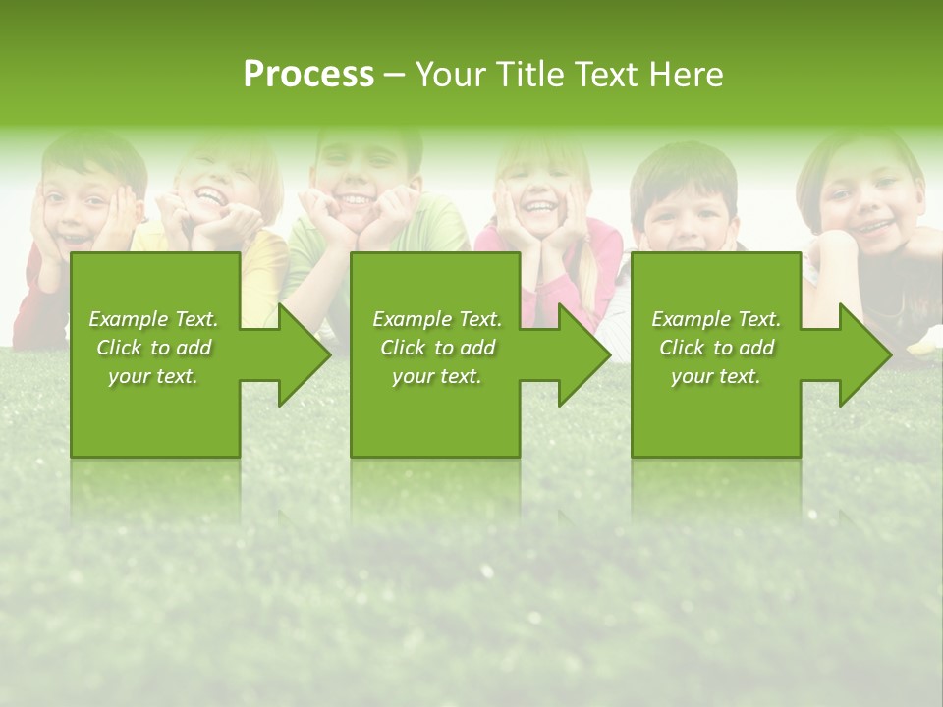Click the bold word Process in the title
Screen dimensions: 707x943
[x=308, y=75]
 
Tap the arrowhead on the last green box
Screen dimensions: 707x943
[x=863, y=354]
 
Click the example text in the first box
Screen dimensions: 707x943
[x=153, y=348]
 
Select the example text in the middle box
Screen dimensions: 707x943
[x=437, y=348]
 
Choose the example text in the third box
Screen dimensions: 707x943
[x=716, y=348]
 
